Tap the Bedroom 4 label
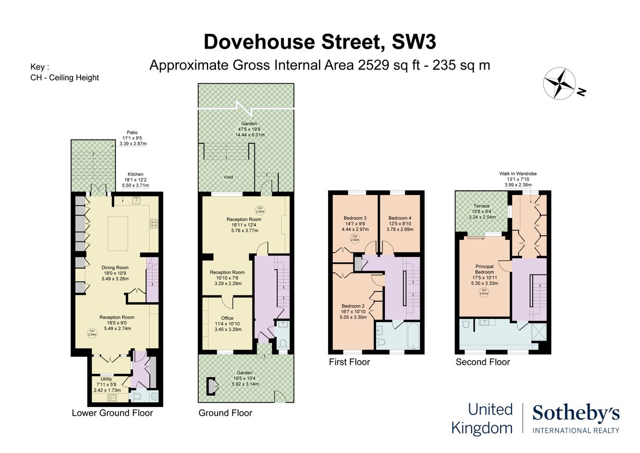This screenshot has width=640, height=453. click(x=399, y=218)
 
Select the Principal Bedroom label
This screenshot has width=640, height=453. click(x=484, y=269)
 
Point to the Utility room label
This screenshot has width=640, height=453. click(x=107, y=379)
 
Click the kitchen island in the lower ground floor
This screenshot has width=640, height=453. click(x=117, y=233)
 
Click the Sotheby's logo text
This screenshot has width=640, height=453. click(x=575, y=413)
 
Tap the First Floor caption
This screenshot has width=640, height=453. click(x=349, y=362)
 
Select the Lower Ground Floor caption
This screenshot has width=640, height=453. click(x=112, y=413)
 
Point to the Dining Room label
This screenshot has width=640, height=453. click(x=115, y=268)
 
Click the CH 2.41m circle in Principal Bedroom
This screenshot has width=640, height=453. click(x=484, y=292)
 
